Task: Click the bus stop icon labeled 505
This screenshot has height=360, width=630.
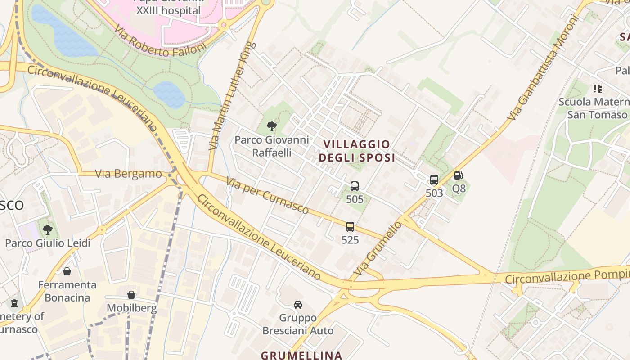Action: click(x=355, y=186)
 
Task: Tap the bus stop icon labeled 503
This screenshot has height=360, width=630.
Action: click(x=434, y=180)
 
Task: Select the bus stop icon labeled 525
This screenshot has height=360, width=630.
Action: click(x=350, y=227)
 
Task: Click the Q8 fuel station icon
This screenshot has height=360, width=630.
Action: click(x=458, y=175)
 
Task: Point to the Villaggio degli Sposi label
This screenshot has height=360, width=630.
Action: click(x=357, y=151)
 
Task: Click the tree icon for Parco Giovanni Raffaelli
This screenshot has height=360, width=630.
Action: click(x=271, y=126)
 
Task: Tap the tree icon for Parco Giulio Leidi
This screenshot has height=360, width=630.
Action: click(x=48, y=230)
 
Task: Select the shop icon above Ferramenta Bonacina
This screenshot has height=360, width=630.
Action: click(x=67, y=271)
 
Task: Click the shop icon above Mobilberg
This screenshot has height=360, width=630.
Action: click(x=131, y=295)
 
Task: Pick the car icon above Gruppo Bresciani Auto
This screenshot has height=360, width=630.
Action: click(x=298, y=305)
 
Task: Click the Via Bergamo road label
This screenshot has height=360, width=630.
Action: click(x=129, y=174)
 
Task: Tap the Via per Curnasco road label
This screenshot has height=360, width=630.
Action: click(x=268, y=195)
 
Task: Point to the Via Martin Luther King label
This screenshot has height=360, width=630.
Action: click(x=233, y=96)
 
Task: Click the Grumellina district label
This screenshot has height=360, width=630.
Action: click(x=301, y=355)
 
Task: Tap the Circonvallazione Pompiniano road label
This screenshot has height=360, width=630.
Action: click(x=567, y=276)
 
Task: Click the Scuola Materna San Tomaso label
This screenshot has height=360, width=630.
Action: click(x=594, y=108)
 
